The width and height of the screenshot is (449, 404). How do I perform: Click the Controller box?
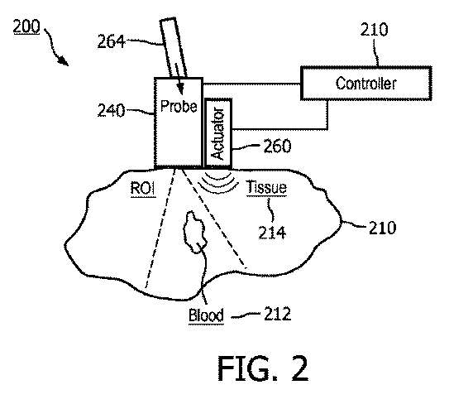pyautogui.click(x=366, y=84)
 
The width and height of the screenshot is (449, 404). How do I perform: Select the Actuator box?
pyautogui.click(x=218, y=132)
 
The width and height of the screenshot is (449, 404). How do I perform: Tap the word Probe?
pyautogui.click(x=179, y=106)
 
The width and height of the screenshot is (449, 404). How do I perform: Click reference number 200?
pyautogui.click(x=26, y=27)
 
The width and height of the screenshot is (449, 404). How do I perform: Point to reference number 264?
pyautogui.click(x=111, y=41)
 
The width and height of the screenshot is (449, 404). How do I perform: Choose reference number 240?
pyautogui.click(x=111, y=110)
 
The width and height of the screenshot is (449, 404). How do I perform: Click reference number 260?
pyautogui.click(x=277, y=146)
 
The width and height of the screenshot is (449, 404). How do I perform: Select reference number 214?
pyautogui.click(x=272, y=233)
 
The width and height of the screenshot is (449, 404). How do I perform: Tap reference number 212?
pyautogui.click(x=277, y=314)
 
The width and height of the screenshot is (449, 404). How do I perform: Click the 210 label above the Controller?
pyautogui.click(x=374, y=30)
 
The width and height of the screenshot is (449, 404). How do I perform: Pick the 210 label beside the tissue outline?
pyautogui.click(x=382, y=228)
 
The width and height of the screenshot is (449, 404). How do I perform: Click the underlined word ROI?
pyautogui.click(x=143, y=189)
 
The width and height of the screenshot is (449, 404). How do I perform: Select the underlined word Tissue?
pyautogui.click(x=266, y=187)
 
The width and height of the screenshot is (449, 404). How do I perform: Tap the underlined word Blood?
pyautogui.click(x=206, y=315)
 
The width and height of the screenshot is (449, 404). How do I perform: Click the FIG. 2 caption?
pyautogui.click(x=263, y=368)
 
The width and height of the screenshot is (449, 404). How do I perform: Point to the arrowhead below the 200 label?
pyautogui.click(x=64, y=60)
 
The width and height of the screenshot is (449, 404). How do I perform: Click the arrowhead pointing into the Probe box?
pyautogui.click(x=179, y=89)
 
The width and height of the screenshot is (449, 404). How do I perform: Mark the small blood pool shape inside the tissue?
pyautogui.click(x=195, y=233)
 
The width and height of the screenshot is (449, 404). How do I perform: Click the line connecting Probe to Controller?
pyautogui.click(x=251, y=84)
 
